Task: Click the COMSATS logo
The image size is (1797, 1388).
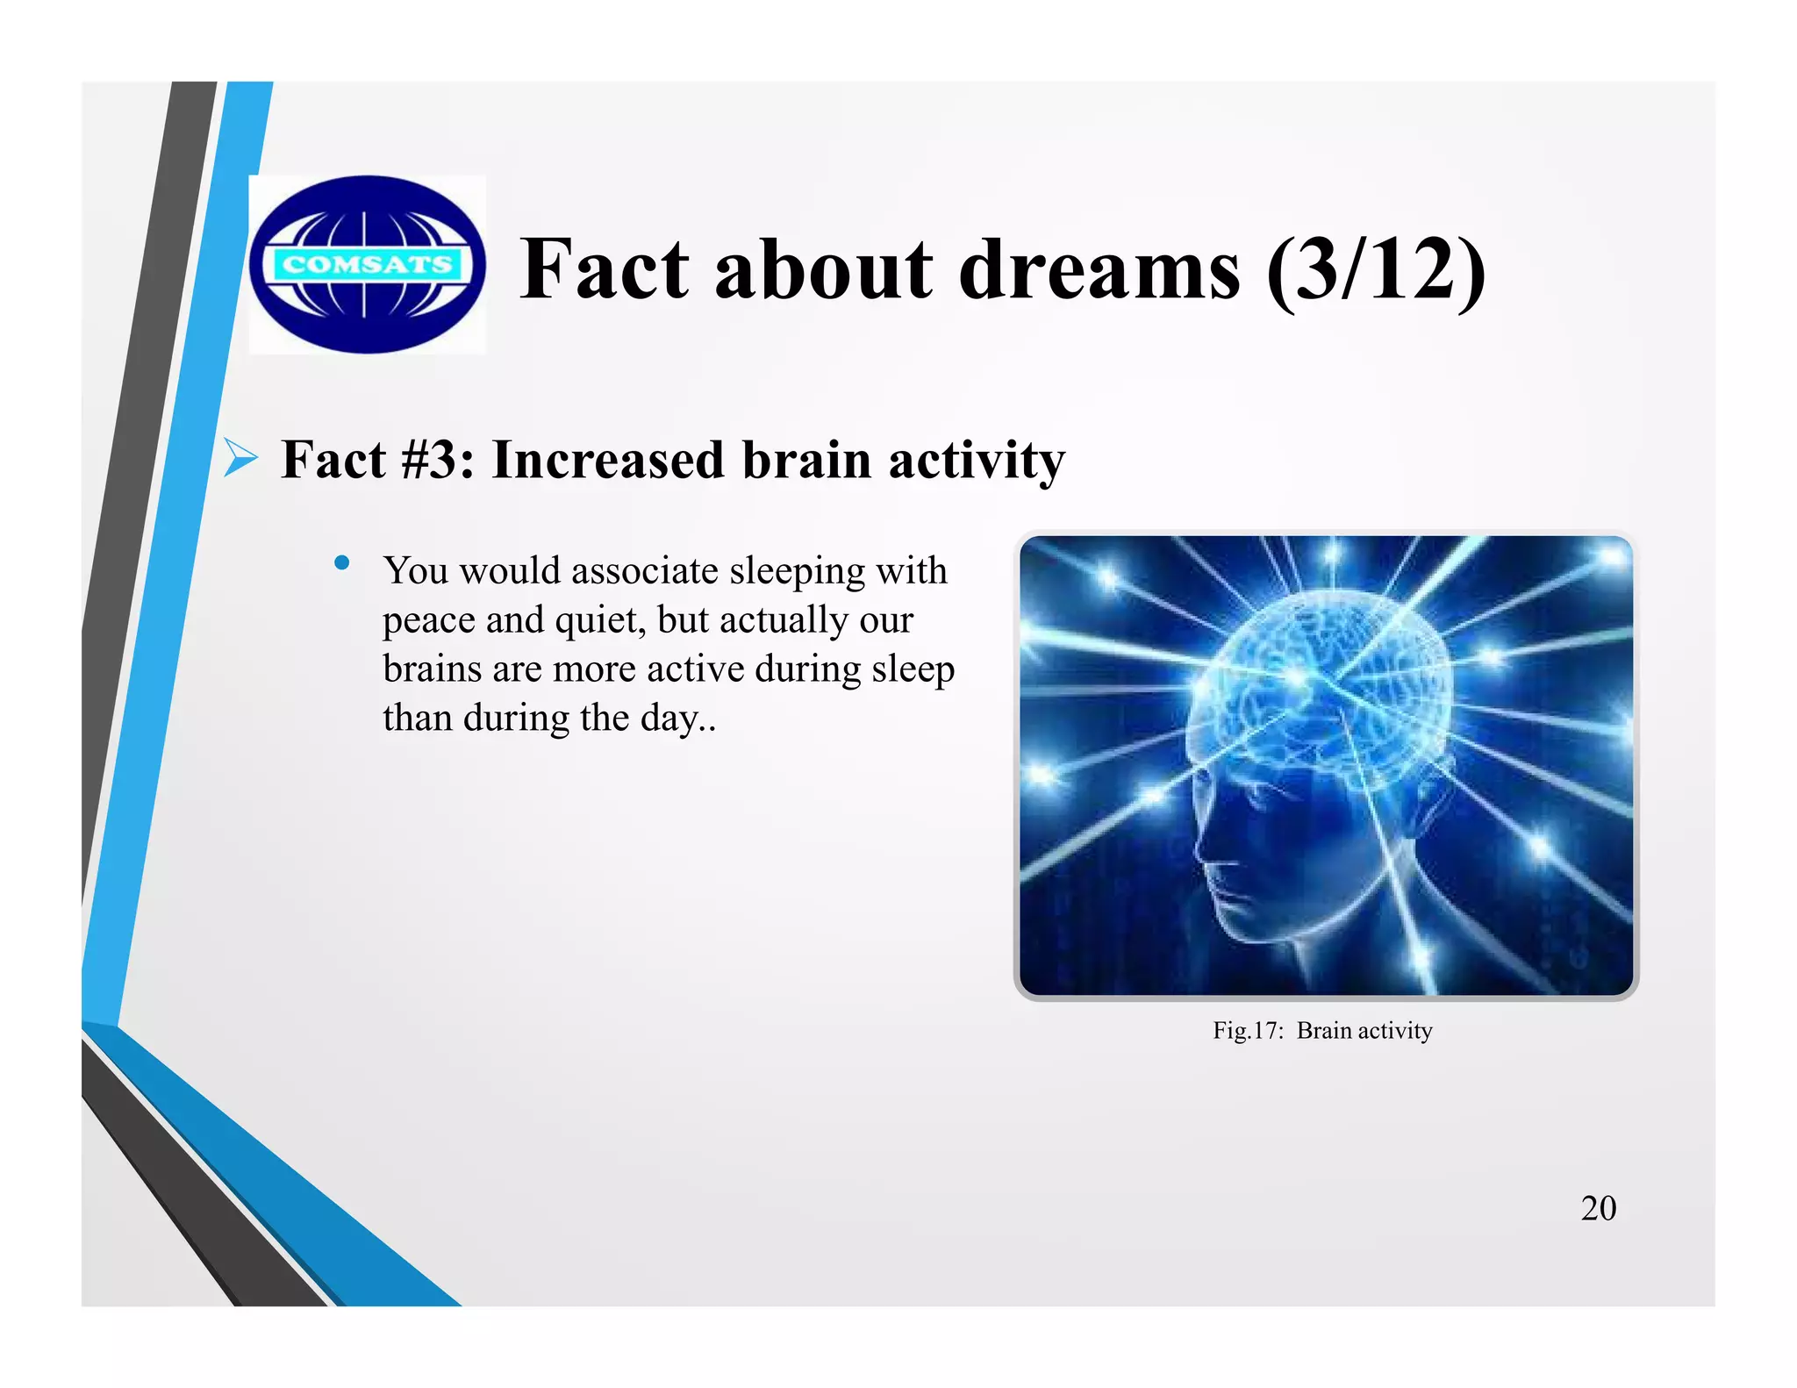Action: (x=367, y=264)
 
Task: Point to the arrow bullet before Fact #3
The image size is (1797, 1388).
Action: (x=240, y=458)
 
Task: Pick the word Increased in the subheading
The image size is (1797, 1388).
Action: (x=608, y=460)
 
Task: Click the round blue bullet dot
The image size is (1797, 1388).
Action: (x=342, y=562)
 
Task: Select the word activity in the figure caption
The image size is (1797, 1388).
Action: (x=1394, y=1030)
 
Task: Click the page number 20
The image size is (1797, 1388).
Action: (x=1598, y=1208)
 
